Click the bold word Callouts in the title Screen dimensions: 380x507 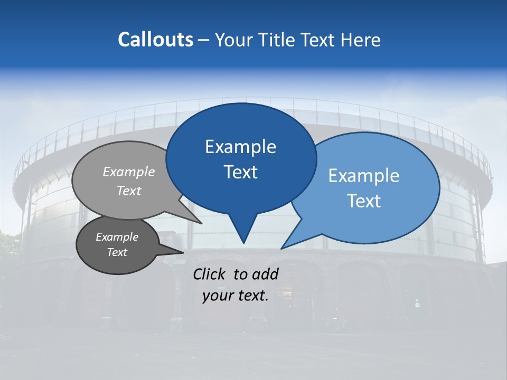[155, 40]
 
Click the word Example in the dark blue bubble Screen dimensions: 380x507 [241, 147]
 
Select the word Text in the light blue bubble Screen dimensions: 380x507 [364, 201]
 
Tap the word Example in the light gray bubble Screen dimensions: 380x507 [129, 172]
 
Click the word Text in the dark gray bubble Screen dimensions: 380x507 [117, 252]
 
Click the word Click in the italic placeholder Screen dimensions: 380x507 [210, 274]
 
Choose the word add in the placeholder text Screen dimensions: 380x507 [265, 274]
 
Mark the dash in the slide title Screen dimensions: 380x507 [204, 40]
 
